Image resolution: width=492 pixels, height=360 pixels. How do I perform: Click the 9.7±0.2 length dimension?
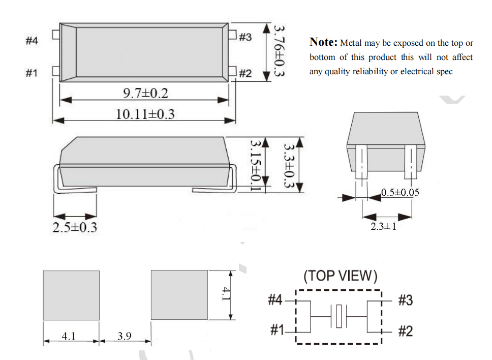point(145,93)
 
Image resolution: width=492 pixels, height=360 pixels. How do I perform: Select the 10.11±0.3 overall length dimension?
point(145,114)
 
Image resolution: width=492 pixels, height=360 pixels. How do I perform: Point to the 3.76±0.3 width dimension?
point(279,51)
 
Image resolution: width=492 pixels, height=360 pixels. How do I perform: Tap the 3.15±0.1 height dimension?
point(256,165)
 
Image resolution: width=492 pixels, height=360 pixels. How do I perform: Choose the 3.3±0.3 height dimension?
point(289,165)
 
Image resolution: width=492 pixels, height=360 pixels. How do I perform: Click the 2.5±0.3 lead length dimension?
point(75,227)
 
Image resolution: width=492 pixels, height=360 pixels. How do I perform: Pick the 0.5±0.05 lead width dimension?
point(400,192)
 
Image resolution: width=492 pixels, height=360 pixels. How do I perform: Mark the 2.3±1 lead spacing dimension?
point(383,226)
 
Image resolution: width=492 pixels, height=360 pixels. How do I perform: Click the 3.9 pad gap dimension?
point(124,336)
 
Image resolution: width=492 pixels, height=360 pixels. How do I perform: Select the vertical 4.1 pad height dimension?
point(226,294)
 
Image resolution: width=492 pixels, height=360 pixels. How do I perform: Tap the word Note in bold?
point(323,42)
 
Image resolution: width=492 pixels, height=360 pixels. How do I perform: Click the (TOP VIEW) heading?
point(340,276)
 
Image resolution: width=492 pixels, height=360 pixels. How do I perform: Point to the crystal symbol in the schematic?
point(339,316)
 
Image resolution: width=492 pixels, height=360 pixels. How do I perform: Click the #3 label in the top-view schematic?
point(406,300)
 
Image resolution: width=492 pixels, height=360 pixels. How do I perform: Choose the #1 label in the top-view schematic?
point(277,329)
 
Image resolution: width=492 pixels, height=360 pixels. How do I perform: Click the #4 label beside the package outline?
point(32,41)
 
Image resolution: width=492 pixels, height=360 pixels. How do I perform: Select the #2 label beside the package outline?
point(245,73)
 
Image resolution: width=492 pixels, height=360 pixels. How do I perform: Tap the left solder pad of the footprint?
point(71,295)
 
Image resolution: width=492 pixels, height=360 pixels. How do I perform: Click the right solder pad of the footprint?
point(179,295)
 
